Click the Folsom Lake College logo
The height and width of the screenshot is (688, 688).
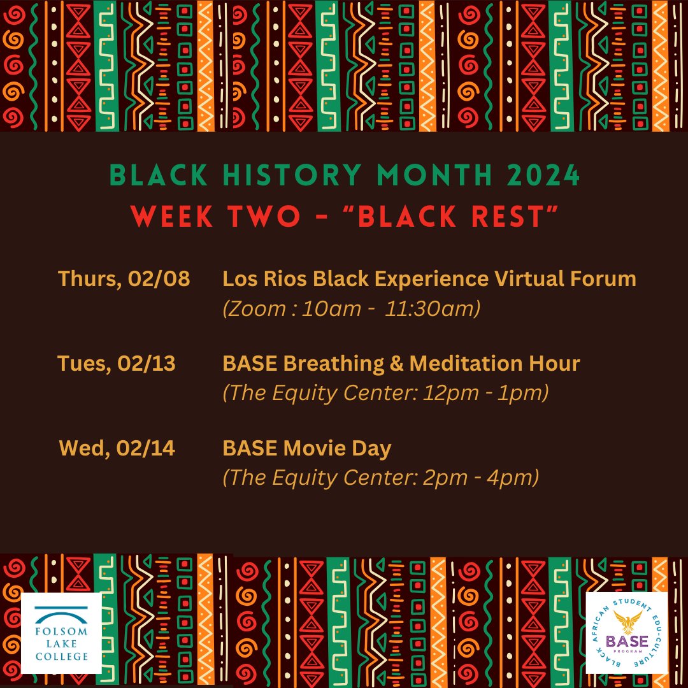(x=61, y=633)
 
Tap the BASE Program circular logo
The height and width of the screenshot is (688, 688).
(x=626, y=633)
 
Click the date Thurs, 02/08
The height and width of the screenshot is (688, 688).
(x=124, y=279)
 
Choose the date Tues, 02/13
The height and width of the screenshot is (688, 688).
(x=117, y=364)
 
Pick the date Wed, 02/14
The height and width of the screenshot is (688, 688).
(x=117, y=448)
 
